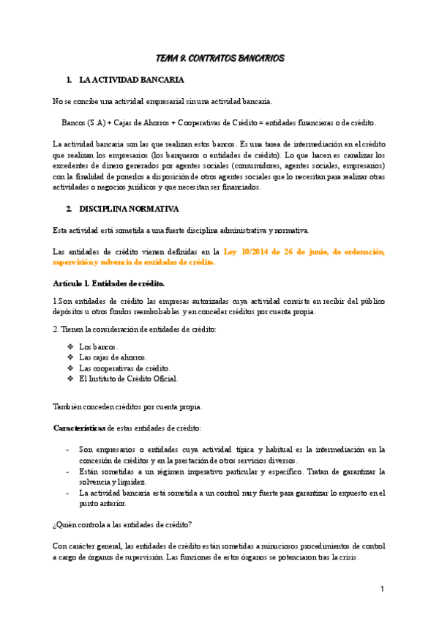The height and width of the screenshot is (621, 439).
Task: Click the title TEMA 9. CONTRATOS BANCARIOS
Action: pos(220,58)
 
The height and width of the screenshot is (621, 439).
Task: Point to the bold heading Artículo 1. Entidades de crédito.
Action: pos(109,283)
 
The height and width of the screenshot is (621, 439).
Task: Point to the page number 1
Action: pos(382,590)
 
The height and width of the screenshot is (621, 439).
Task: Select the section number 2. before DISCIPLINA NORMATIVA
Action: pos(69,209)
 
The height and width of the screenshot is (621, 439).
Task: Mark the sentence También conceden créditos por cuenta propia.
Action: pos(128,406)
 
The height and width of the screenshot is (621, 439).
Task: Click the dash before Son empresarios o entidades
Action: pos(68,449)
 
